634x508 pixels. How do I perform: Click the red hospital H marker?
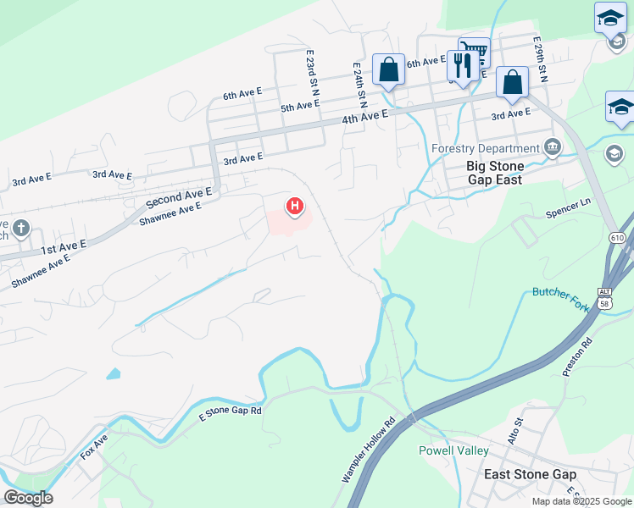(x=295, y=206)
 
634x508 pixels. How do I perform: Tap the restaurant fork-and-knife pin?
(x=462, y=65)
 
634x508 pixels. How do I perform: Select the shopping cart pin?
(x=475, y=51)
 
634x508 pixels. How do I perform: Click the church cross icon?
(x=20, y=229)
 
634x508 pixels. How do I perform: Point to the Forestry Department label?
(x=485, y=149)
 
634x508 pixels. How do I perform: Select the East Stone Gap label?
(x=530, y=475)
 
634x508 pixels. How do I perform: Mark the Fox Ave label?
(x=94, y=445)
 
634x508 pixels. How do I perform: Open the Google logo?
(x=28, y=498)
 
